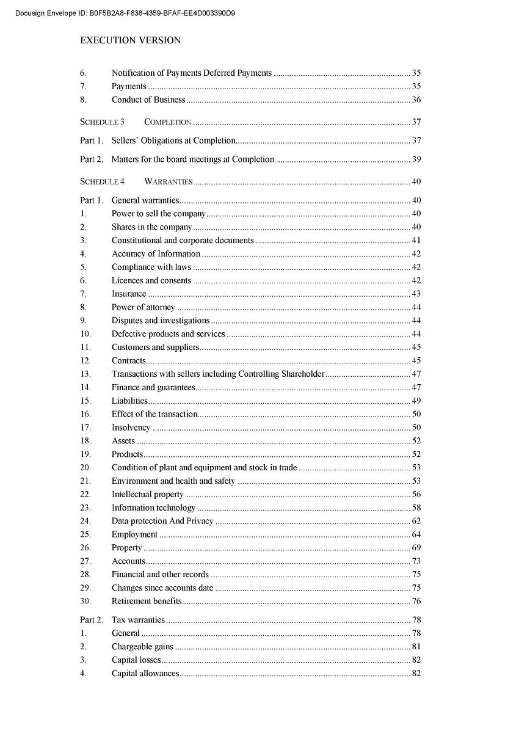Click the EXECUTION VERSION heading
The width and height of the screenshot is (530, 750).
coord(130,40)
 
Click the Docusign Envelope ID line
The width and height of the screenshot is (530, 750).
coord(125,13)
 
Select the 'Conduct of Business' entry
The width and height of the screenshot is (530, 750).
coord(148,100)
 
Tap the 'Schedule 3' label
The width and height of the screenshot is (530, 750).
coord(102,122)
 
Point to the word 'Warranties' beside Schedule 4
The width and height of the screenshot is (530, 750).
coord(169,181)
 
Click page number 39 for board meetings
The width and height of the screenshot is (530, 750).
coord(416,159)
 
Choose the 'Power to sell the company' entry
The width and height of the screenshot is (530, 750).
coord(159,214)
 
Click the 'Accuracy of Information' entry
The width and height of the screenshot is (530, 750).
coord(156,253)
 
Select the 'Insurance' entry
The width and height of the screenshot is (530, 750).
coord(129,294)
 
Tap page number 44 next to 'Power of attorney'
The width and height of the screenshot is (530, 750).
coord(416,307)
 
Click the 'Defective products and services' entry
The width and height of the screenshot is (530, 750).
coord(168,334)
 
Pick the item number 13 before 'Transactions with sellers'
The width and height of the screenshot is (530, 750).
coord(85,374)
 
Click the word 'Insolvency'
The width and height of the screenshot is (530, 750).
coord(131,428)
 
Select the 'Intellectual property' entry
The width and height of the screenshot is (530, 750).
coord(147,494)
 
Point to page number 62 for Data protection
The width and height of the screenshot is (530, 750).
coord(416,521)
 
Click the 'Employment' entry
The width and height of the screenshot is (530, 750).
coord(134,534)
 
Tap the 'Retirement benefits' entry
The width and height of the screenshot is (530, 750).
coord(147,601)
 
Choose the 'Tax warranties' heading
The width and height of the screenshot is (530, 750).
coord(138,620)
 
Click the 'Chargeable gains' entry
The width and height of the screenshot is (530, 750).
coord(142,646)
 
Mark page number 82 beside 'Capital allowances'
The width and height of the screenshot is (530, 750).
coord(416,673)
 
